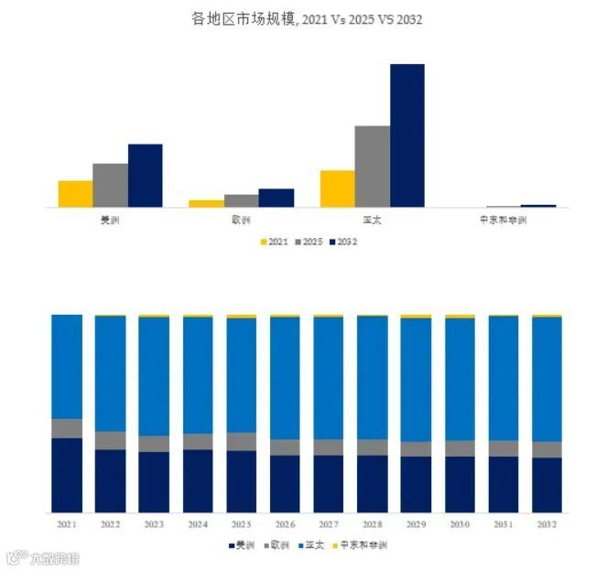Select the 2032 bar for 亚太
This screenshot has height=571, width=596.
tap(406, 135)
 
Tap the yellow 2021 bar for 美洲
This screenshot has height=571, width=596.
tap(75, 194)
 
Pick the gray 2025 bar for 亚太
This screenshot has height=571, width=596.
tap(372, 167)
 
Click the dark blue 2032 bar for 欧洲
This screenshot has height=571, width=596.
tap(276, 198)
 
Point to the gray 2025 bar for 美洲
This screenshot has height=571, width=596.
tap(110, 185)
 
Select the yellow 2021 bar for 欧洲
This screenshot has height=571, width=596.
tap(206, 203)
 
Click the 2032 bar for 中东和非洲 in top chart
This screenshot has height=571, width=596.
tap(537, 206)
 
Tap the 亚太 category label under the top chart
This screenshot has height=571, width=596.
tap(372, 221)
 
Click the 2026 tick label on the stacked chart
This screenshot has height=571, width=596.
tap(284, 524)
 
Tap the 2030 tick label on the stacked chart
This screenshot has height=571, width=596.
tap(460, 524)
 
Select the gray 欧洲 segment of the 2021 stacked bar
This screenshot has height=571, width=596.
tap(66, 427)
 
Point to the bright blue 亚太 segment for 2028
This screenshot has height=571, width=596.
tap(372, 377)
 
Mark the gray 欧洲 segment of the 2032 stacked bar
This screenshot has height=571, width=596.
tap(547, 449)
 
